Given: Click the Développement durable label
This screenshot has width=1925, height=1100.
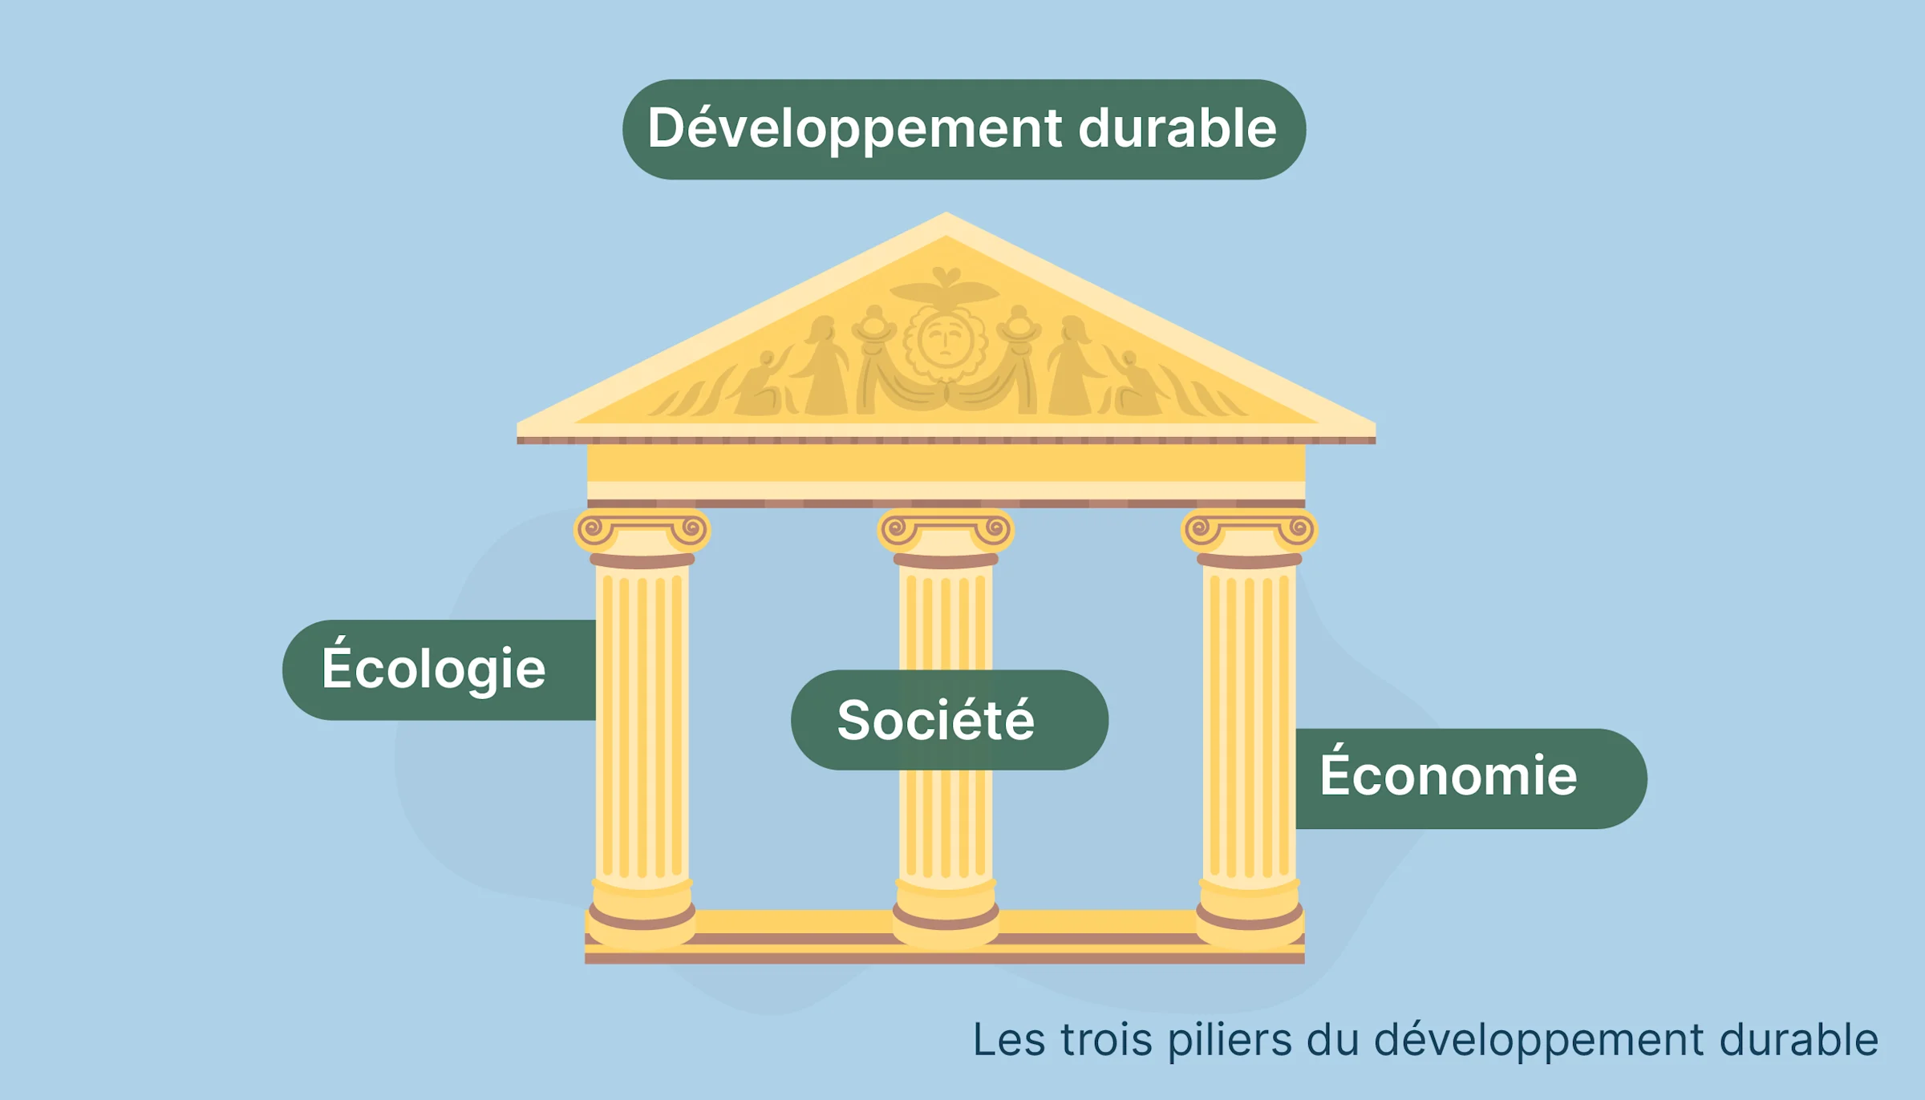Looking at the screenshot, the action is (962, 129).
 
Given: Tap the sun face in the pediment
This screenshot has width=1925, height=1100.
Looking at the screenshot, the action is (945, 340).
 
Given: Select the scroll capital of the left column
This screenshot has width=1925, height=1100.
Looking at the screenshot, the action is (642, 531).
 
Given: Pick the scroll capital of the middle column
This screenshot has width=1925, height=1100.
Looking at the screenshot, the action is (946, 531).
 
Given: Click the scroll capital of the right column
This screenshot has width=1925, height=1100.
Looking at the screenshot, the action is (1249, 531).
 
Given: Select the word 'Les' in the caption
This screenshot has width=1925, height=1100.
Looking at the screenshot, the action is (1009, 1040).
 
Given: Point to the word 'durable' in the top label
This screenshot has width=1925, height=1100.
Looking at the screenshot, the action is (1177, 128).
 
